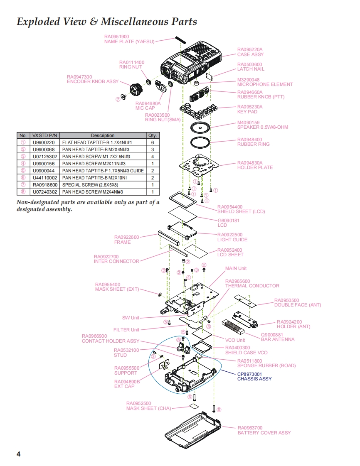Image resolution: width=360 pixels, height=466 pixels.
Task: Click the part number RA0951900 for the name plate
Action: tap(116, 37)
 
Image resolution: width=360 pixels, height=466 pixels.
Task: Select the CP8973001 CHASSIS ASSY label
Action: tap(254, 377)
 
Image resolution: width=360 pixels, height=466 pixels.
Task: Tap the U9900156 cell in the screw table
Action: tap(44, 164)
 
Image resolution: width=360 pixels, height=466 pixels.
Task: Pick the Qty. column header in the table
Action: tap(153, 135)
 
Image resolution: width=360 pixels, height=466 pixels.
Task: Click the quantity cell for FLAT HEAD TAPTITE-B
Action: tap(153, 142)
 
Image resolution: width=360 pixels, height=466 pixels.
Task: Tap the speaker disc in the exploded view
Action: tap(200, 128)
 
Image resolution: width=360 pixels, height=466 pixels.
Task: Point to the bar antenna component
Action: tap(233, 327)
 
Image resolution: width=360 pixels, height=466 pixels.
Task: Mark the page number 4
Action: tap(18, 454)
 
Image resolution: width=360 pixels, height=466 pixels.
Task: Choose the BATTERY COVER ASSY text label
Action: tap(264, 433)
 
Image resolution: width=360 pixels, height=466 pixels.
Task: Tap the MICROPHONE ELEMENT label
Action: tap(265, 84)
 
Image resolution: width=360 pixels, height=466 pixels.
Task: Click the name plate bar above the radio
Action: tap(180, 40)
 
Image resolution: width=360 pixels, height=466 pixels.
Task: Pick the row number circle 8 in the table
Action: tap(23, 192)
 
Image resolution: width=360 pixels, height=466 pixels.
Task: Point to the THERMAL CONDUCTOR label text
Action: tap(252, 286)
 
